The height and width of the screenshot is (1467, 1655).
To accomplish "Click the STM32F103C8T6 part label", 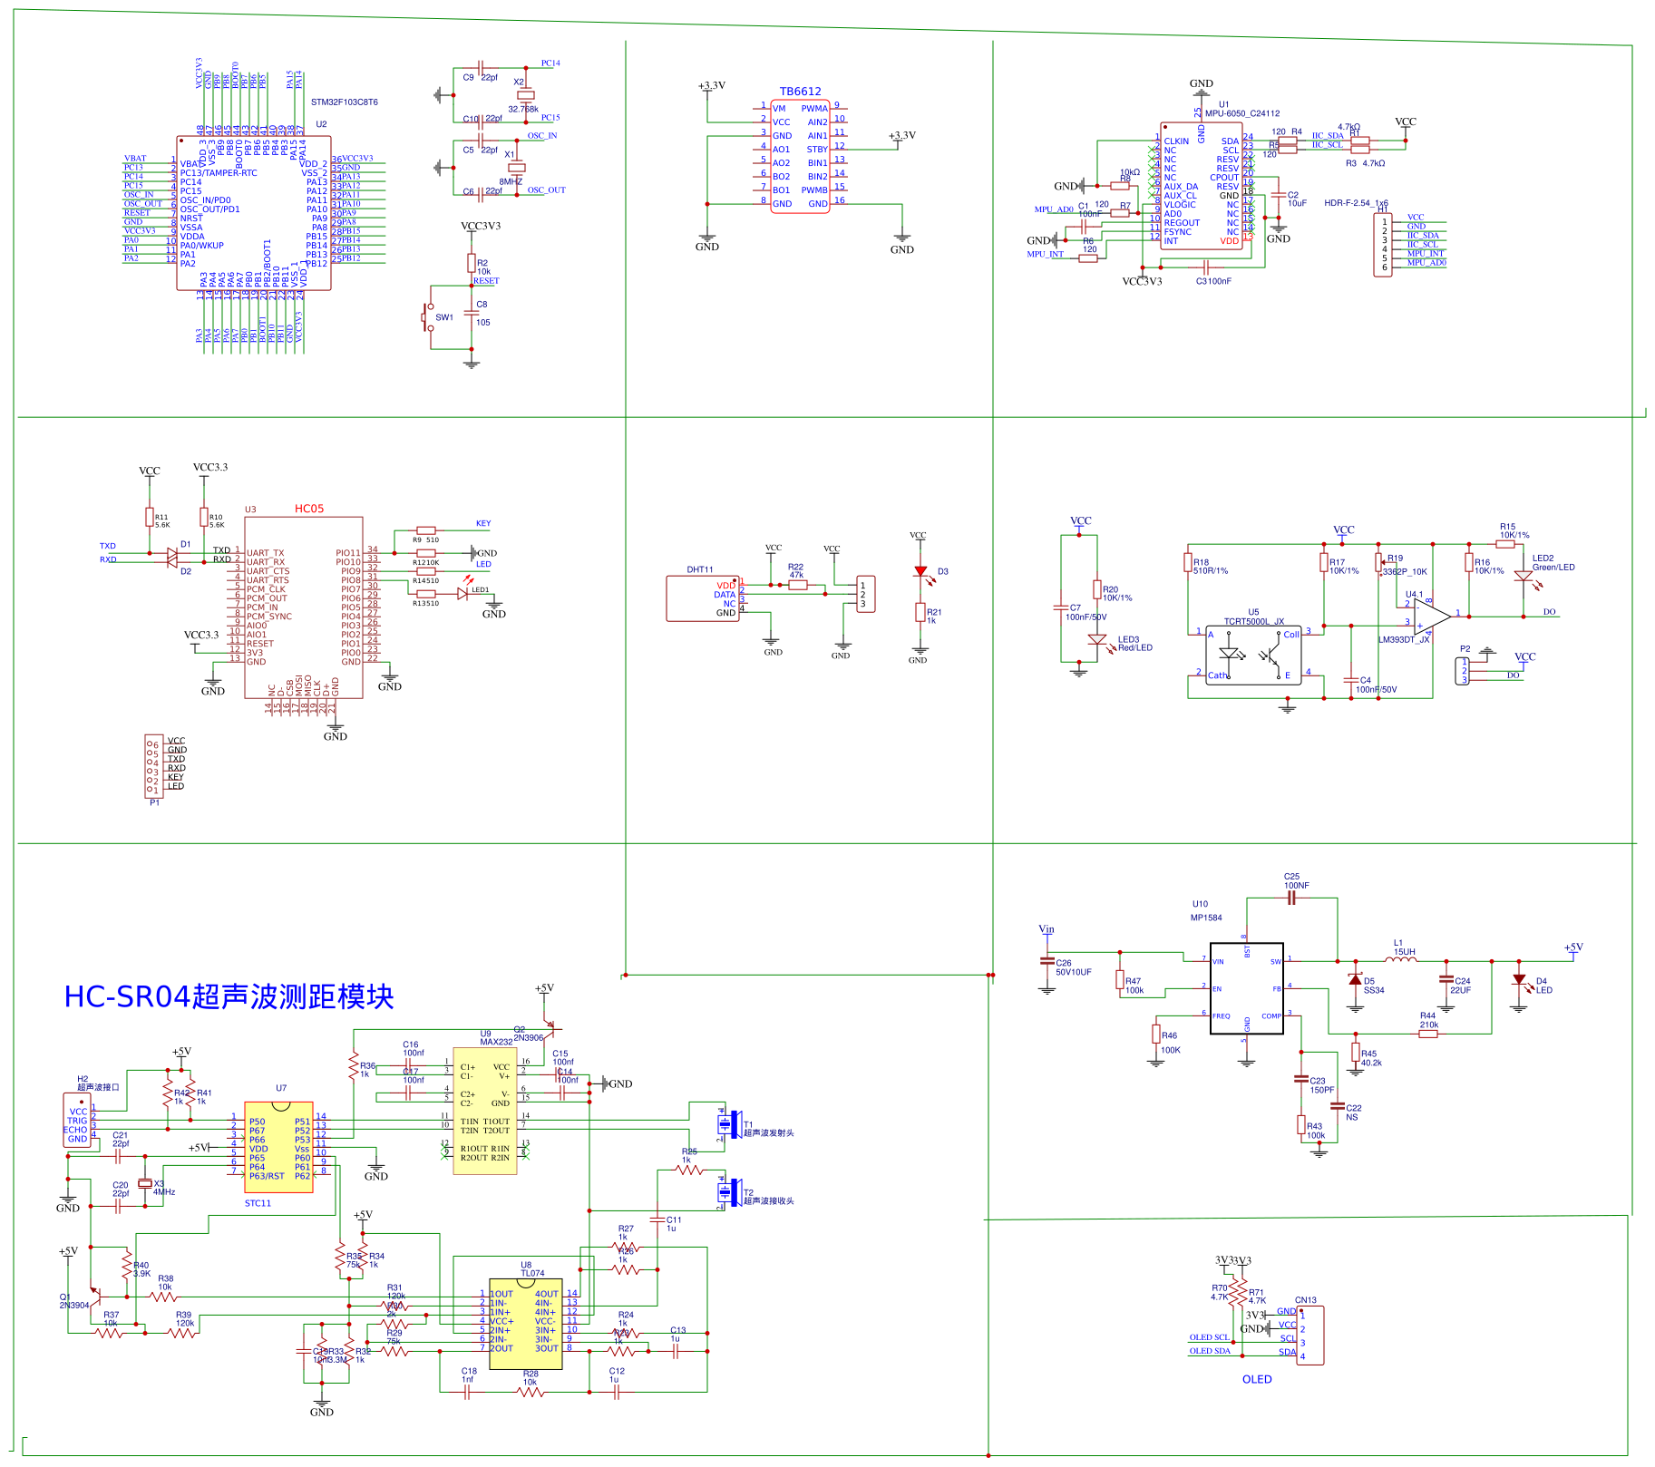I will pos(344,102).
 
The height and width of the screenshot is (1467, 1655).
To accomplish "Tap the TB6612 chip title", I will pos(800,92).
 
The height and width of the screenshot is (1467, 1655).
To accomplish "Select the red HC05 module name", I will pos(308,509).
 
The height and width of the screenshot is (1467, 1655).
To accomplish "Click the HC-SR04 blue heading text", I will pos(229,996).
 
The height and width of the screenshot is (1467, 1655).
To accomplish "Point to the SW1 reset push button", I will pos(429,317).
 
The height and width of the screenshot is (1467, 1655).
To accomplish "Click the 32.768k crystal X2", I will pos(524,95).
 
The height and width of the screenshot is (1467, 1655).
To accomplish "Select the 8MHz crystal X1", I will pos(516,168).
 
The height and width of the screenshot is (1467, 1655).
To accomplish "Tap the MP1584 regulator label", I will pos(1206,918).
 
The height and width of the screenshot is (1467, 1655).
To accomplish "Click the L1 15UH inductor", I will pos(1402,959).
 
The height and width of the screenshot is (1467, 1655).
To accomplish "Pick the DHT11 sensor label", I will pos(699,569).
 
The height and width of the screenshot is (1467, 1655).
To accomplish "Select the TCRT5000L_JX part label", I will pos(1253,622).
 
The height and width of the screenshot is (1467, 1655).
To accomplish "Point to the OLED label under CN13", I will pos(1256,1379).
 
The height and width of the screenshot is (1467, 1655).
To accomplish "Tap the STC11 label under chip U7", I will pos(258,1203).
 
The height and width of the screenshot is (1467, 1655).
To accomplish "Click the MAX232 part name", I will pos(496,1042).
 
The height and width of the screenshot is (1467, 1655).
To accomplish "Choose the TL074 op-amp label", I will pos(531,1273).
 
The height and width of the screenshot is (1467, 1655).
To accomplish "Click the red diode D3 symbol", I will pos(920,571).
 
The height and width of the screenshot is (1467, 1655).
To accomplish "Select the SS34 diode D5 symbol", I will pos(1355,980).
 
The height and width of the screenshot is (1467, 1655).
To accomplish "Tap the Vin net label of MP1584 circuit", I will pos(1046,929).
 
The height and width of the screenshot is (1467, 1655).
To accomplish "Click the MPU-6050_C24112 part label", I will pos(1241,113).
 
